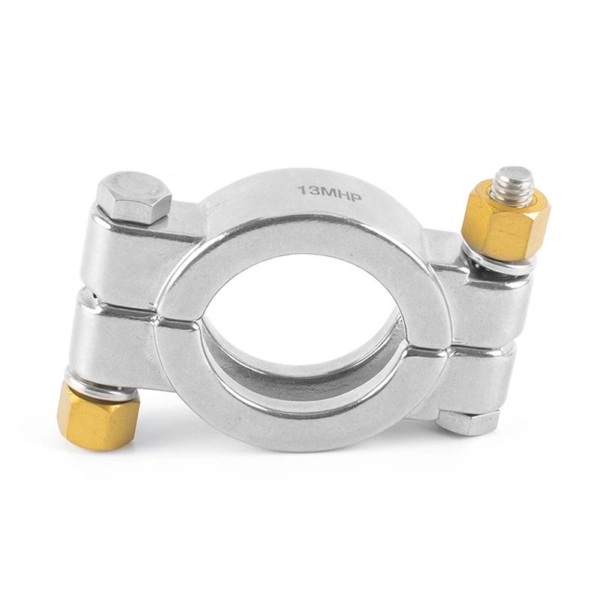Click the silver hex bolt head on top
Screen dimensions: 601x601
click(x=133, y=198)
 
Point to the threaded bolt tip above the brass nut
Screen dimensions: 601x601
click(x=514, y=183)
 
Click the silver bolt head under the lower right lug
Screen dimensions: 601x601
click(x=467, y=422)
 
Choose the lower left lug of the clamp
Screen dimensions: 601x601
click(x=120, y=342)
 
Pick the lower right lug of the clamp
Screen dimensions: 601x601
click(x=473, y=379)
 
